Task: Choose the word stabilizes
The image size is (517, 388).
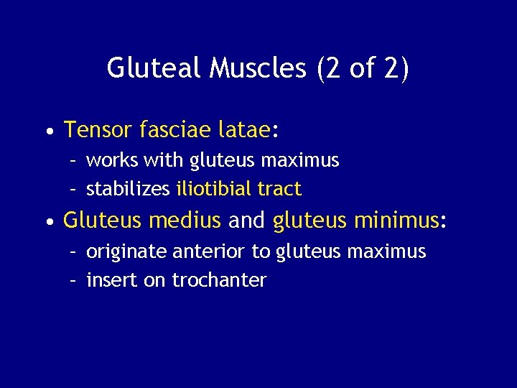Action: click(128, 189)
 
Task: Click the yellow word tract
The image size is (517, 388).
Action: click(279, 189)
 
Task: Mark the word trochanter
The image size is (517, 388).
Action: click(219, 280)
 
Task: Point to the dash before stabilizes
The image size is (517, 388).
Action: click(73, 190)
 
